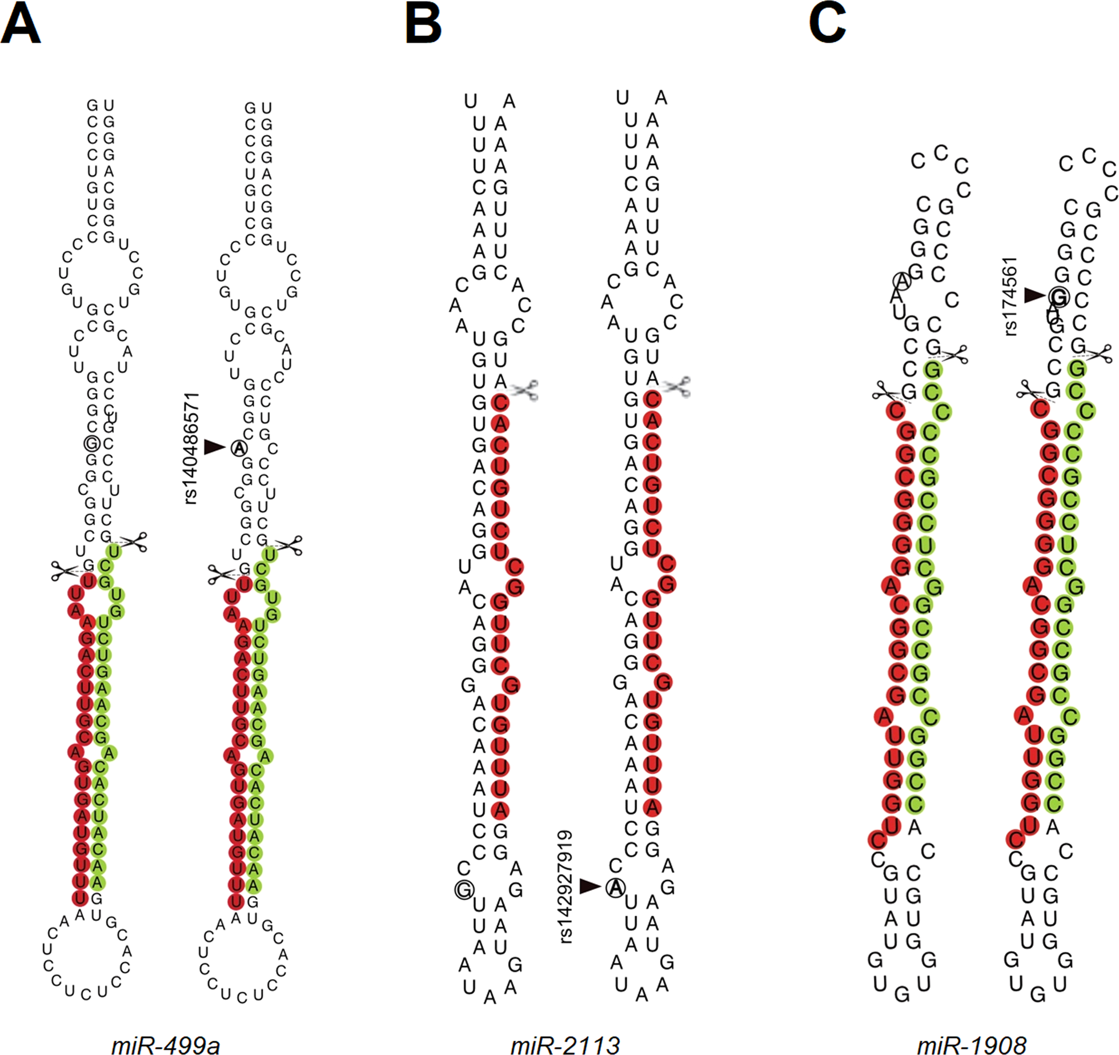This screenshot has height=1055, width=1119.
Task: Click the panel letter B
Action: (x=423, y=26)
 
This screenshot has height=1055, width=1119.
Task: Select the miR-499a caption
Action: (x=165, y=1044)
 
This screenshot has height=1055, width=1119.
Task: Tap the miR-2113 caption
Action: (x=565, y=1044)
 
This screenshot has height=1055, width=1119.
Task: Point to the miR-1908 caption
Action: (x=971, y=1044)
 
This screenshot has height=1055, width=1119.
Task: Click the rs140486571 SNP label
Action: (x=192, y=448)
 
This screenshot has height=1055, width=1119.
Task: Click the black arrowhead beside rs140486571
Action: (x=215, y=447)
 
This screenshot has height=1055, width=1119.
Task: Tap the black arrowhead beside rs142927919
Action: (x=590, y=886)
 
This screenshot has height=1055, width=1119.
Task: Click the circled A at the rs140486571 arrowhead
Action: (x=239, y=448)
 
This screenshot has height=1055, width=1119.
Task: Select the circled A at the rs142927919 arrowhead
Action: (x=615, y=887)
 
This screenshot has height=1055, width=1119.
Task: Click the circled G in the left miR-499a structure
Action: (x=91, y=443)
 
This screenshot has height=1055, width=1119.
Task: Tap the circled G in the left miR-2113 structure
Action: (x=464, y=889)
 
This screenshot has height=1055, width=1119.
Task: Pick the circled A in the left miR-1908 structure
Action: (x=901, y=280)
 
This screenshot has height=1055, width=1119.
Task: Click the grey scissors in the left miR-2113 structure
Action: (x=524, y=390)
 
